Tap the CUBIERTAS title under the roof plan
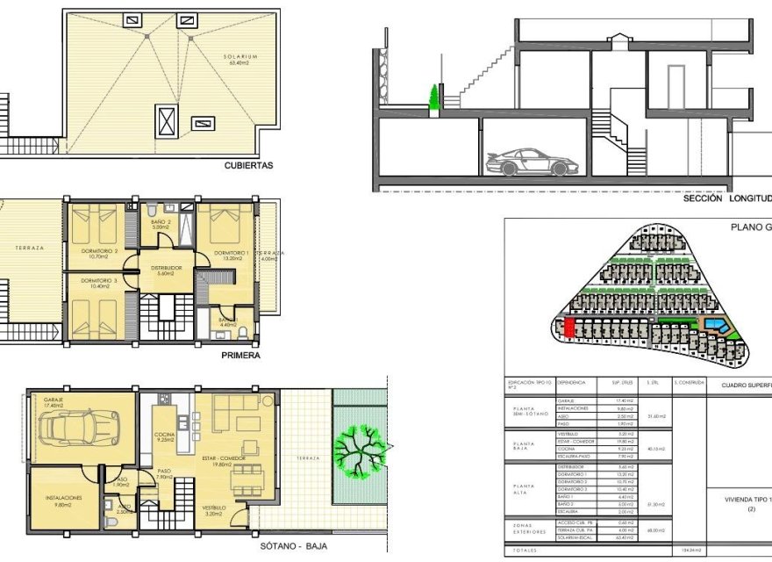click(x=248, y=164)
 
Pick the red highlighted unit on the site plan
click(x=568, y=328)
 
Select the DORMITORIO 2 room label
click(x=98, y=253)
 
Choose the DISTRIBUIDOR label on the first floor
click(x=165, y=268)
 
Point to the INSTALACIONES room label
click(x=63, y=497)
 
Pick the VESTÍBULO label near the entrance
click(x=215, y=508)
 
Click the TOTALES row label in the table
click(x=526, y=551)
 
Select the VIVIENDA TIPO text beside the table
click(x=746, y=499)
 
